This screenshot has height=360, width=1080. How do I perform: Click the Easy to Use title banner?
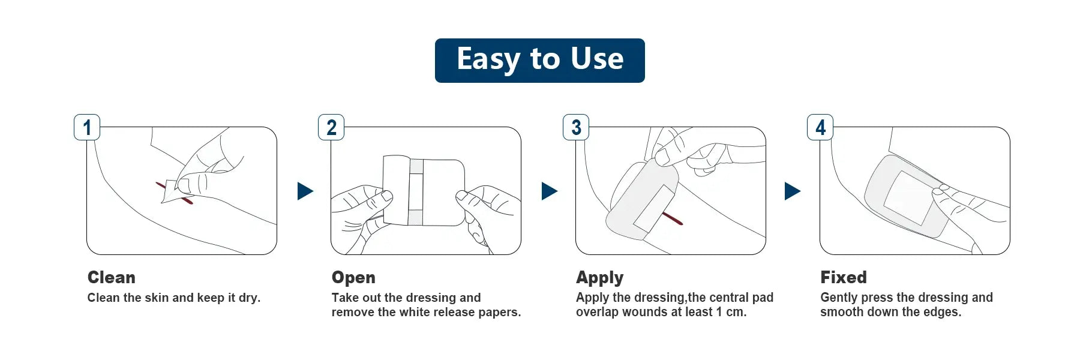pyautogui.click(x=539, y=61)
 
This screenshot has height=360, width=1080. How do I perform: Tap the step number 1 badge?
pyautogui.click(x=87, y=127)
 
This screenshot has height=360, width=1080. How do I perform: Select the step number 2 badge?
pyautogui.click(x=331, y=127)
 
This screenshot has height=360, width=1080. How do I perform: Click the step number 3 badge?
pyautogui.click(x=576, y=127)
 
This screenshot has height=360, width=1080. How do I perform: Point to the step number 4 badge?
pyautogui.click(x=820, y=127)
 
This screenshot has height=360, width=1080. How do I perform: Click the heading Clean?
pyautogui.click(x=112, y=277)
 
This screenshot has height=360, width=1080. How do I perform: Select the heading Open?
pyautogui.click(x=353, y=278)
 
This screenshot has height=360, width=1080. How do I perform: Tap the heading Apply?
pyautogui.click(x=600, y=278)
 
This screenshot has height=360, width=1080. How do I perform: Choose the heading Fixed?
pyautogui.click(x=844, y=277)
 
